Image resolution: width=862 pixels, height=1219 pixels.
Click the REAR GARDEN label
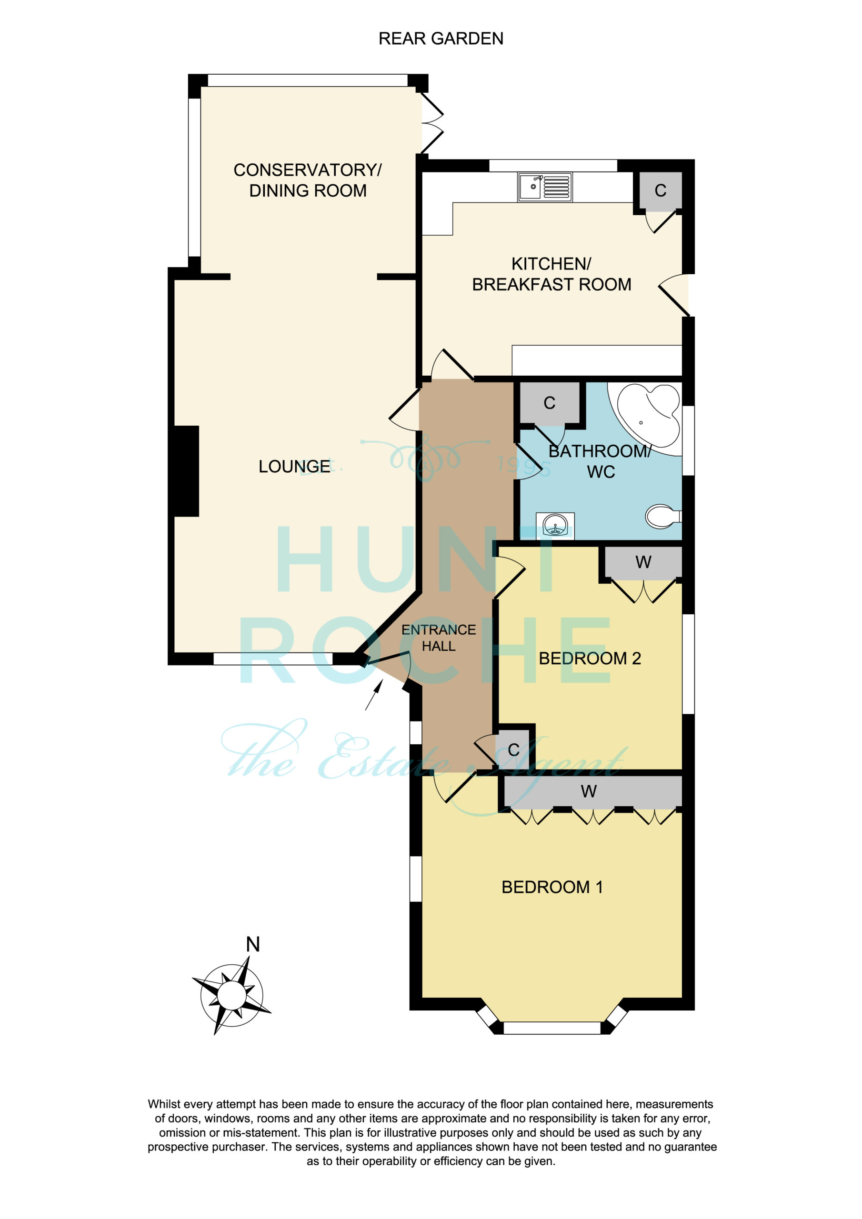coord(441,39)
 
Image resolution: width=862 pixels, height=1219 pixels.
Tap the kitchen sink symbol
coord(545,187)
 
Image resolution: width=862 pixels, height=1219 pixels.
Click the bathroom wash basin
coord(555,526)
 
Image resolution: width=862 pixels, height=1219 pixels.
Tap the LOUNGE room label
coord(294,466)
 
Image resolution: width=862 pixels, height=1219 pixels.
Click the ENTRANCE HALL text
coord(439,638)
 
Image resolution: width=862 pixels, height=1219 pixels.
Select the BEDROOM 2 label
coord(590,659)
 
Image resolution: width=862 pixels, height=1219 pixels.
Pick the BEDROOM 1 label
coord(552,887)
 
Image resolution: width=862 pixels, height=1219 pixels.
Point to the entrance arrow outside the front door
coord(374,696)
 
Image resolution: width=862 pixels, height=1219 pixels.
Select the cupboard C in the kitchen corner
coord(660,190)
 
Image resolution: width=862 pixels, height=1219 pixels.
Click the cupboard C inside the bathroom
coord(550,403)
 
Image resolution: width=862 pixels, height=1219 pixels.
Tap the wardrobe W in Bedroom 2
coord(643,562)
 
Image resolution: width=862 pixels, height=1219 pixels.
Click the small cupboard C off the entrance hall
coord(513,749)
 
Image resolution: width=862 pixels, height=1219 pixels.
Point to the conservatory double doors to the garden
coord(432,123)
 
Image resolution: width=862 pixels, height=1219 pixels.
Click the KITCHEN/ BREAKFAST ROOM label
coord(552,274)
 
